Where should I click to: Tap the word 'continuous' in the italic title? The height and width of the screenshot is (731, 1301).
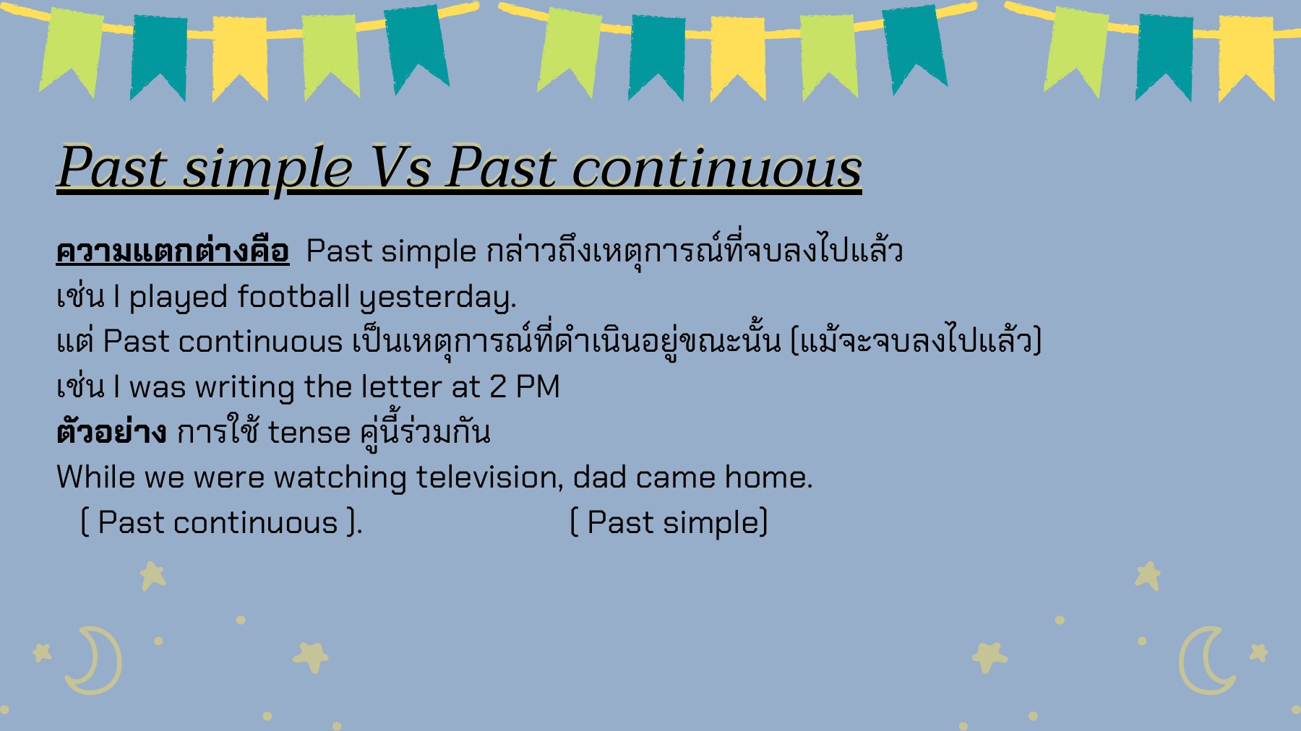pos(716,168)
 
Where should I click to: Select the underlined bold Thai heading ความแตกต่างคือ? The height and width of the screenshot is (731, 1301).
pos(173,251)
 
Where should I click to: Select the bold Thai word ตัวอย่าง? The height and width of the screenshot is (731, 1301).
pos(111,433)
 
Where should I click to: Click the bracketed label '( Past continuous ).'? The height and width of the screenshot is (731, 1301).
pos(220,523)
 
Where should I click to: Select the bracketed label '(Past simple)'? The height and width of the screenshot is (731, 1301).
pos(669,523)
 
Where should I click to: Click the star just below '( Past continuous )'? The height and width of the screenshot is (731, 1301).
pos(153,576)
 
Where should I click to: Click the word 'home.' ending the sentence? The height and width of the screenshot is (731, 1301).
pos(768,477)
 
